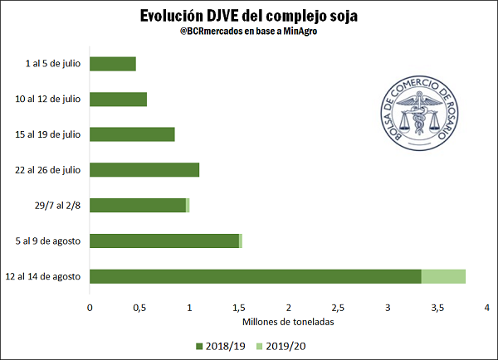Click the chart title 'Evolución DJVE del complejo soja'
(x=249, y=17)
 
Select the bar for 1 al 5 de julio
(x=113, y=64)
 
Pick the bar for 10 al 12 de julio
(x=118, y=99)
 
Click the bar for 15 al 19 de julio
(x=132, y=134)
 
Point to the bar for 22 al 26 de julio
(x=144, y=170)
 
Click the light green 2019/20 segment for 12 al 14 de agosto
(x=443, y=276)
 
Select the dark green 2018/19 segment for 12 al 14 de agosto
(x=256, y=276)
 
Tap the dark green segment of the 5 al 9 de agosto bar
(x=164, y=241)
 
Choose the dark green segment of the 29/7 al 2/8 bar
(x=138, y=205)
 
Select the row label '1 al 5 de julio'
(x=53, y=64)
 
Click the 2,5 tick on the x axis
(x=339, y=307)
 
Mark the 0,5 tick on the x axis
(x=139, y=307)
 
